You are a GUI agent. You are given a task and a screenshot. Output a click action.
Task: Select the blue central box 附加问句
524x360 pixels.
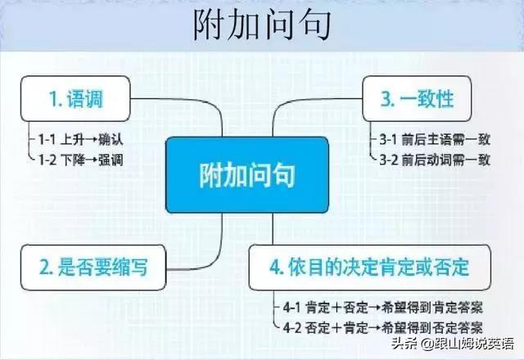click(246, 174)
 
